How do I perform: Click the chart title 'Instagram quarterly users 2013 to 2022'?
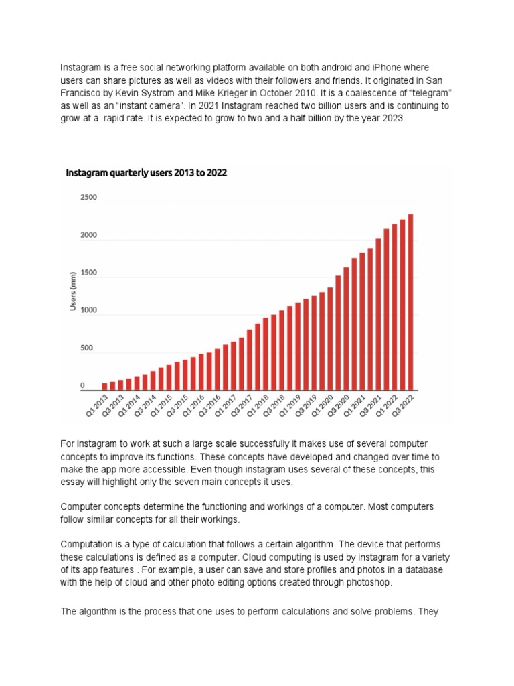coord(146,173)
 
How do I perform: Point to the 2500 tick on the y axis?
coord(88,198)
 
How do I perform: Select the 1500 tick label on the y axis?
coord(88,273)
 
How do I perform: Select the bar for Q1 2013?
coord(105,387)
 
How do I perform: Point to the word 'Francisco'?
coord(84,93)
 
